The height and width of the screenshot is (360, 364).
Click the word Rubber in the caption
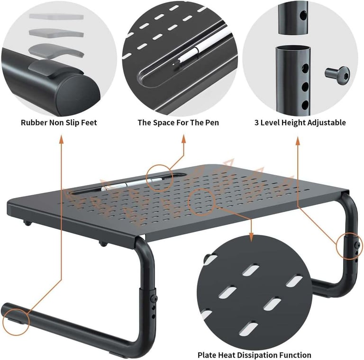[34, 123]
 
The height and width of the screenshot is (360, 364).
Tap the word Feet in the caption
[89, 123]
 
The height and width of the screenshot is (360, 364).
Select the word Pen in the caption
[211, 123]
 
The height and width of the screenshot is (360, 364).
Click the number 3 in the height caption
[256, 123]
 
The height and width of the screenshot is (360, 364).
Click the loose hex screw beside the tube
[337, 73]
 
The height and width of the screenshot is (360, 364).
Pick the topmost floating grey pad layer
[56, 17]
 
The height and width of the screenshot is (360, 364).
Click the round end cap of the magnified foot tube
[78, 95]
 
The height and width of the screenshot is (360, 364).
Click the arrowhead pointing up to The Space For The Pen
[183, 139]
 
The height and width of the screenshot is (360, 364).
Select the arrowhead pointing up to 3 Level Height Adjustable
[298, 141]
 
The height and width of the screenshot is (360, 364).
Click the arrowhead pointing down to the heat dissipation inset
[251, 237]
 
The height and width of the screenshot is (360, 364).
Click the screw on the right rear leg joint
[358, 245]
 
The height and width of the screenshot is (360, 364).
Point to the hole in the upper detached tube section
[303, 16]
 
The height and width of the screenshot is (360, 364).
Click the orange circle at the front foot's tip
[16, 322]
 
